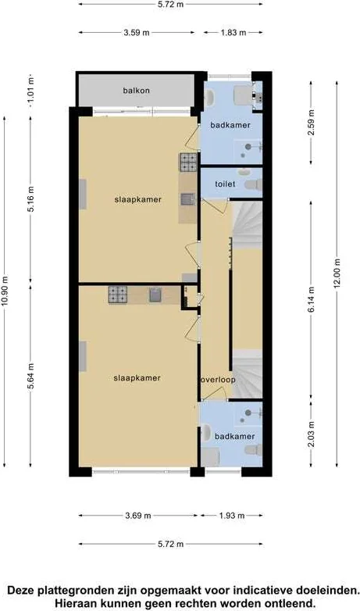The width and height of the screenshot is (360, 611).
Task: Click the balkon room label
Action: [137, 91]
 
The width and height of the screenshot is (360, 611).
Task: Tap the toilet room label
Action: [225, 184]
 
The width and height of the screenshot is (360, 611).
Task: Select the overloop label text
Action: [218, 380]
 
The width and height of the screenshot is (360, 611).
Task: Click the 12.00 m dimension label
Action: [337, 273]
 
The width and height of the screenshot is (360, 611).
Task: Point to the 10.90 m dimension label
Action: [5, 291]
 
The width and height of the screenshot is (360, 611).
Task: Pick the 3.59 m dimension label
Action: [137, 33]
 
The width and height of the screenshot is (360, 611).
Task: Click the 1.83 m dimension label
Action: [233, 33]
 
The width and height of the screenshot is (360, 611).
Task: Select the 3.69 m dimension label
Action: [137, 516]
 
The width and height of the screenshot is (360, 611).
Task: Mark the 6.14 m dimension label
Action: [312, 299]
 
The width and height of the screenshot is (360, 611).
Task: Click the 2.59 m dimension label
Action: [312, 123]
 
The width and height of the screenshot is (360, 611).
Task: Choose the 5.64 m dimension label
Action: [31, 376]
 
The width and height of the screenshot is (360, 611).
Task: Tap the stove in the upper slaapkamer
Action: [188, 163]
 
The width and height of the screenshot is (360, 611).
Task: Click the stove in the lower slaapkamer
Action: [118, 295]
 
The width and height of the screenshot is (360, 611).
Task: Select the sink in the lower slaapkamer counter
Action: [155, 295]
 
